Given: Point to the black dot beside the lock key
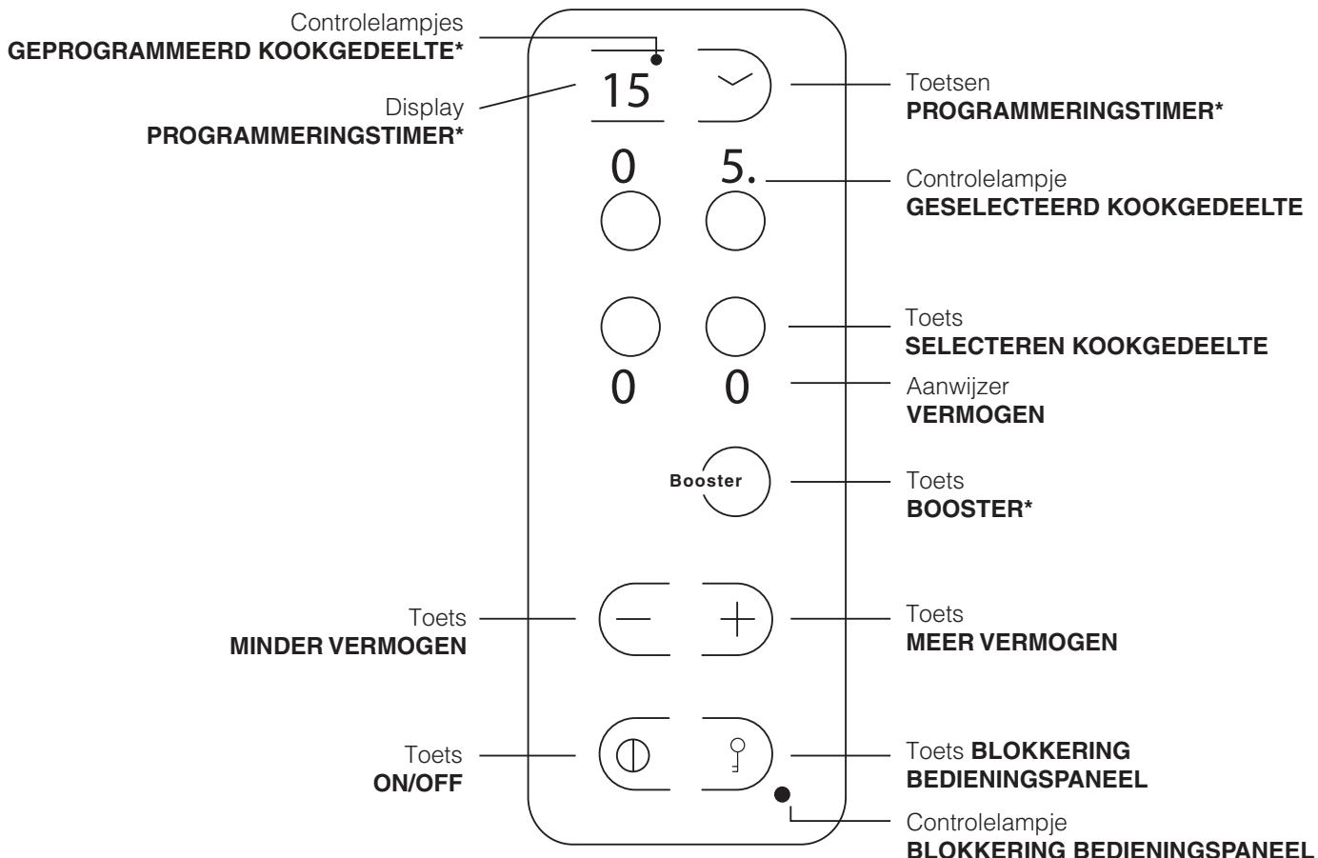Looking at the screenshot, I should coord(784,792).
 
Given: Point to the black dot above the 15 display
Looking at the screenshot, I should coord(657,60).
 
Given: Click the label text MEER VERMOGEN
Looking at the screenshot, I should coord(1011,642).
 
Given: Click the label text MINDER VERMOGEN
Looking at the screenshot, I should coord(349,647).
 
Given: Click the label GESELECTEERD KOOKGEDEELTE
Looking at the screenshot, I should coord(1103,207).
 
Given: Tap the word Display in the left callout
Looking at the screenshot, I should coord(425,108).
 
